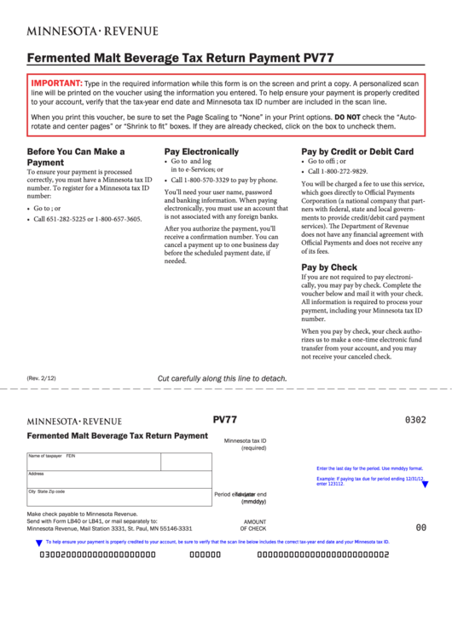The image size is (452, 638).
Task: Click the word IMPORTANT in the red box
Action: pos(56,83)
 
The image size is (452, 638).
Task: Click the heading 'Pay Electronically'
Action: pos(201,152)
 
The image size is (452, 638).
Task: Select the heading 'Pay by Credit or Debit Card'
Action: pos(357,152)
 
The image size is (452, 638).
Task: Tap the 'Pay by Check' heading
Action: pos(329,267)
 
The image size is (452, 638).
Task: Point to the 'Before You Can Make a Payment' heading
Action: pos(76,157)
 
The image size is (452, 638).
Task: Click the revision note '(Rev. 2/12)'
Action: pos(41,378)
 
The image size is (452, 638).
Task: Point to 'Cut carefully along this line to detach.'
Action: pos(223,379)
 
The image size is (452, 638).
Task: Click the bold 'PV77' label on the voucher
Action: pos(224,420)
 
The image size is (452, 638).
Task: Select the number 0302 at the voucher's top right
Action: pos(415,420)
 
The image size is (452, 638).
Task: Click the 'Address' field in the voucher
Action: pos(119,480)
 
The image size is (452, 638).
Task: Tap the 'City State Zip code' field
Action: pos(119,497)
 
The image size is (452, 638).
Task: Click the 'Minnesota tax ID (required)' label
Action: pos(246,444)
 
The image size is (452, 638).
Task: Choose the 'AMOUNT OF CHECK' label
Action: pos(253,525)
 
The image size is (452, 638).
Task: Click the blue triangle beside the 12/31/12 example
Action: pos(425,485)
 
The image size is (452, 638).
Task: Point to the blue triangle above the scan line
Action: pos(38,542)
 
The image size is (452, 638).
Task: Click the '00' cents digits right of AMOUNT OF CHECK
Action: pos(420,527)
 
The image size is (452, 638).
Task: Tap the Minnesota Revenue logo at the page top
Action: pos(92,31)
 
